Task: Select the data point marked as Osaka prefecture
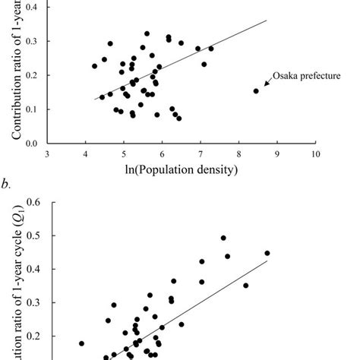256,91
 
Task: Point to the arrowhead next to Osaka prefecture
266,84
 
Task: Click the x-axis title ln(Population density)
182,169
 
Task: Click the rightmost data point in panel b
267,253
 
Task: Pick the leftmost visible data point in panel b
81,343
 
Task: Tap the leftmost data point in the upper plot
95,66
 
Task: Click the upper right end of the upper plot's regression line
267,21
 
